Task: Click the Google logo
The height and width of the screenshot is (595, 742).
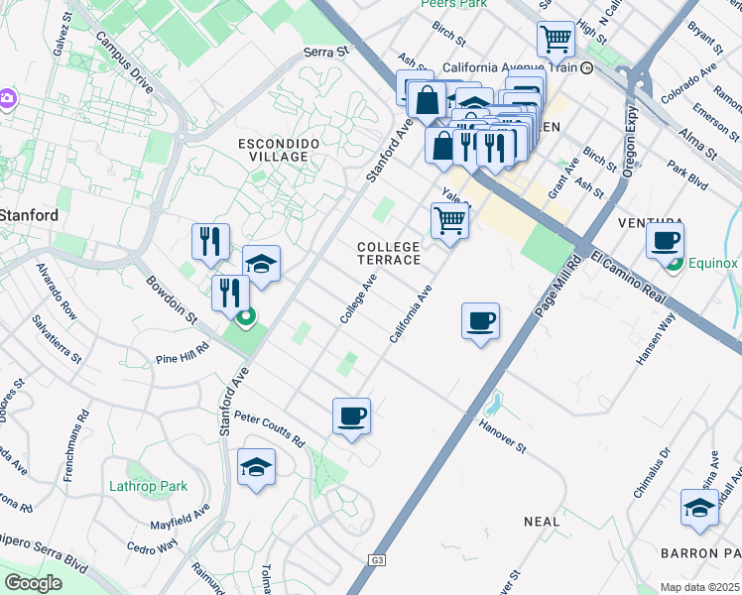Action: point(33,583)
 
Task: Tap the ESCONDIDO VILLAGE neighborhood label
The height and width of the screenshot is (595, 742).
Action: point(279,151)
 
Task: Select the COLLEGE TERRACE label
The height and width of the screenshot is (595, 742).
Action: point(389,252)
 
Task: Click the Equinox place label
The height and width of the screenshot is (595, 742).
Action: point(714,264)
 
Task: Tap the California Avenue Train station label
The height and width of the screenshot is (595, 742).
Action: point(507,67)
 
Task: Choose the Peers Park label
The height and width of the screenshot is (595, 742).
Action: point(454,4)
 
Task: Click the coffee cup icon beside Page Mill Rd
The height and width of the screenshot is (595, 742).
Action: point(480,320)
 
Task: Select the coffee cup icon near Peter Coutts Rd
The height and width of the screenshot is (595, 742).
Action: point(351,416)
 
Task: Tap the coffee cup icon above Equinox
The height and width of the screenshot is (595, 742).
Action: point(665,239)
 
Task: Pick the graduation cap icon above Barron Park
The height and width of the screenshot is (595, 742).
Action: point(699,507)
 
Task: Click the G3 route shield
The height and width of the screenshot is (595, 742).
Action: point(377,559)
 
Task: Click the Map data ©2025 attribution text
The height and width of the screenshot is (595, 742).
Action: point(700,587)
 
